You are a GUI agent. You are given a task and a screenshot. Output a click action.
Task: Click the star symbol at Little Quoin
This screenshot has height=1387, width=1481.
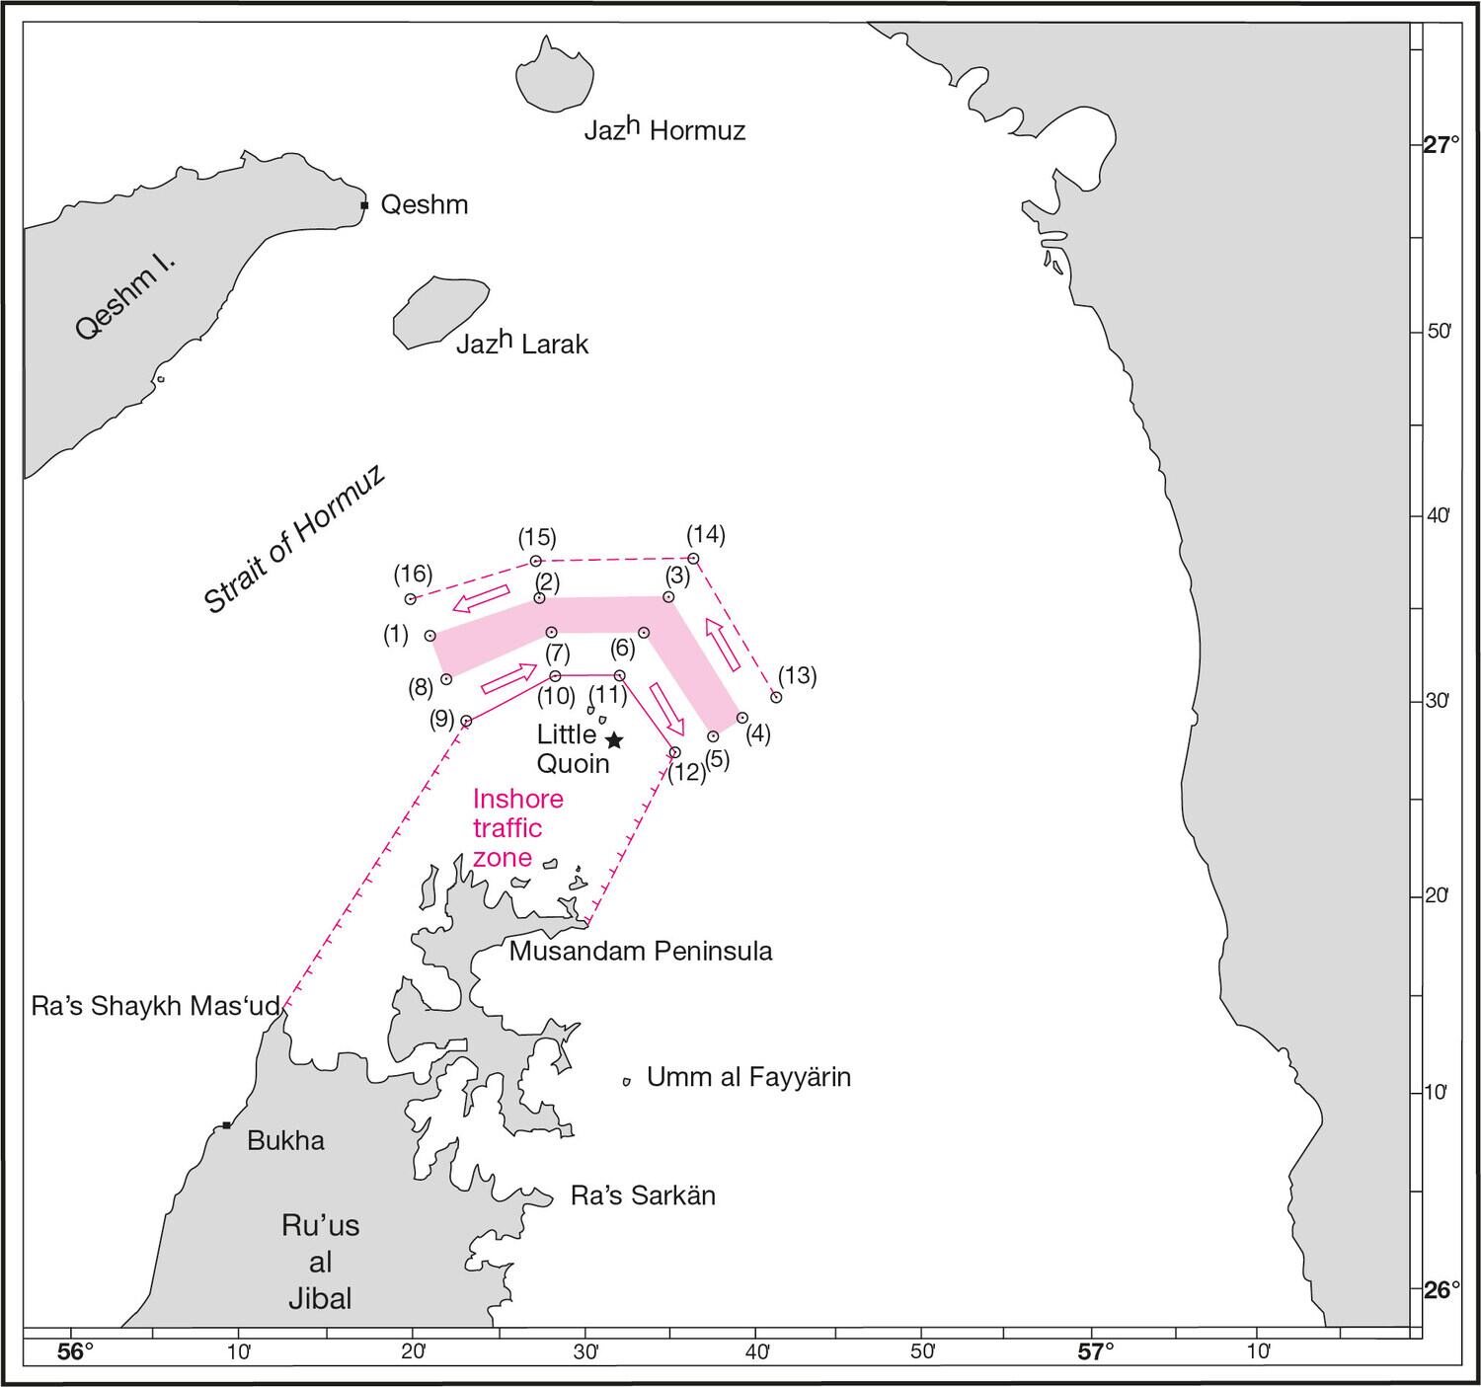614,739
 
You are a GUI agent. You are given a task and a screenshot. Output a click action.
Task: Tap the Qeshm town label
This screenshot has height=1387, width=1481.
424,204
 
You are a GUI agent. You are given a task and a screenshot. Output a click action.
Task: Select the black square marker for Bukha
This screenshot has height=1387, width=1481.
226,1125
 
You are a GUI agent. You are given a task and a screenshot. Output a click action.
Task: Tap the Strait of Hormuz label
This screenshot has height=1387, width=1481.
293,540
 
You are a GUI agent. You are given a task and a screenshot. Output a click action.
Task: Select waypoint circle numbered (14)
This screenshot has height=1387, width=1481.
693,559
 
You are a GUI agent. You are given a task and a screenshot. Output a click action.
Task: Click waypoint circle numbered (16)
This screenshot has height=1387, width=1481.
411,599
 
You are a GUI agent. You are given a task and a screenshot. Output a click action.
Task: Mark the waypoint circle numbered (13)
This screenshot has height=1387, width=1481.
776,697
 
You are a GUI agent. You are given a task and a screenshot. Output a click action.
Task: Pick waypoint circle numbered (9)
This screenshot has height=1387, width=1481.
467,722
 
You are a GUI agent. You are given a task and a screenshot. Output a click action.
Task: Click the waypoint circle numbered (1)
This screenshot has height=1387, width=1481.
430,636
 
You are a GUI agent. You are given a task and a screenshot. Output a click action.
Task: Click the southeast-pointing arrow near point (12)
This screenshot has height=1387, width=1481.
666,705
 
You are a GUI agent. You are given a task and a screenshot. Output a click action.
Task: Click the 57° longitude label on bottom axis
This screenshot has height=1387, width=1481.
1095,1349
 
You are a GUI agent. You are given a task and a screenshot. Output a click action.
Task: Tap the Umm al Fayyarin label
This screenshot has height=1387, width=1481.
747,1077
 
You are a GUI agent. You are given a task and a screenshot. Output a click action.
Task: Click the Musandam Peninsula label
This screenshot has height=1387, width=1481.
640,951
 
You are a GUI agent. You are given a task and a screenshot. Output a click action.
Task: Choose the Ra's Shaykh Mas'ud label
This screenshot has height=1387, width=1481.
156,1006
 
